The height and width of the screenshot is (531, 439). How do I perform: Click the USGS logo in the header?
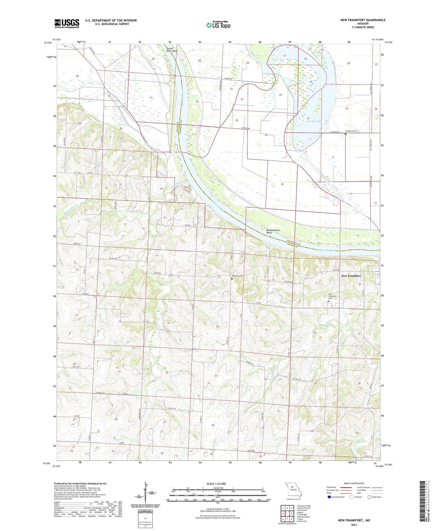click(x=67, y=23)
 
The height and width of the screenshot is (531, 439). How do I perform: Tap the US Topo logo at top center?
click(x=218, y=25)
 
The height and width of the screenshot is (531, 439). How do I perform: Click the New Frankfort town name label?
click(x=351, y=276)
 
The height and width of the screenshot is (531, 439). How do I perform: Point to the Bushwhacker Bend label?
click(x=273, y=231)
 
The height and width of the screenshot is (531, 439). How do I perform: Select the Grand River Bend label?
click(x=172, y=49)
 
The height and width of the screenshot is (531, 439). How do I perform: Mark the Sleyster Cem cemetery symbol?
click(x=345, y=134)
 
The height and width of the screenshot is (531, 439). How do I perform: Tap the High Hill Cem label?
click(x=238, y=276)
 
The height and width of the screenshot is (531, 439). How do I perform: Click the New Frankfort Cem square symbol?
click(x=328, y=301)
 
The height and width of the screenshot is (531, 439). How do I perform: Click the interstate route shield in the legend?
click(x=329, y=497)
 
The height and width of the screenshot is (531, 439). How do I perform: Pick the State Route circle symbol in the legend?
click(x=369, y=497)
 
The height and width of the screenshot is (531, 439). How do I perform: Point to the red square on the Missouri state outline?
click(x=292, y=487)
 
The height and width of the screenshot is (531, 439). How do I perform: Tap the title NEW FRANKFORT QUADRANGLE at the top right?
click(x=363, y=20)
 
